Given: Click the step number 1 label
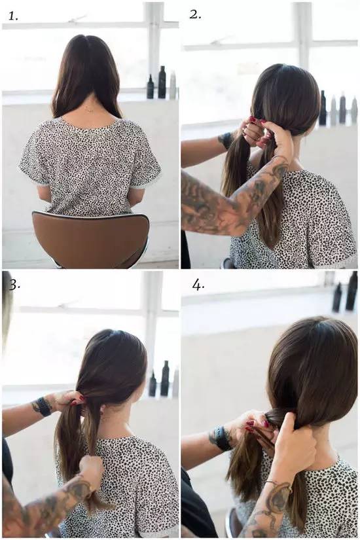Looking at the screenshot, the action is coord(13,16).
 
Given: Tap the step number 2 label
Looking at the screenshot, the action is coord(195,14).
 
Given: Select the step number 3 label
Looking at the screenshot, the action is coord(14,285).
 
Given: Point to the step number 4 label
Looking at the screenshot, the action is coord(198,285).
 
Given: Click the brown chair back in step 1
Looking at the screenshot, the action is coord(90,238).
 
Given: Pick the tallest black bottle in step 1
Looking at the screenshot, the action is coord(162,82).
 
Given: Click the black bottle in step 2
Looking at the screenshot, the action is coord(323,108).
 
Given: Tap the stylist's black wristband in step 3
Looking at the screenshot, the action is coord(43,406).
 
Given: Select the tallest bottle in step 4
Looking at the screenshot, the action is coord(352,291).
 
